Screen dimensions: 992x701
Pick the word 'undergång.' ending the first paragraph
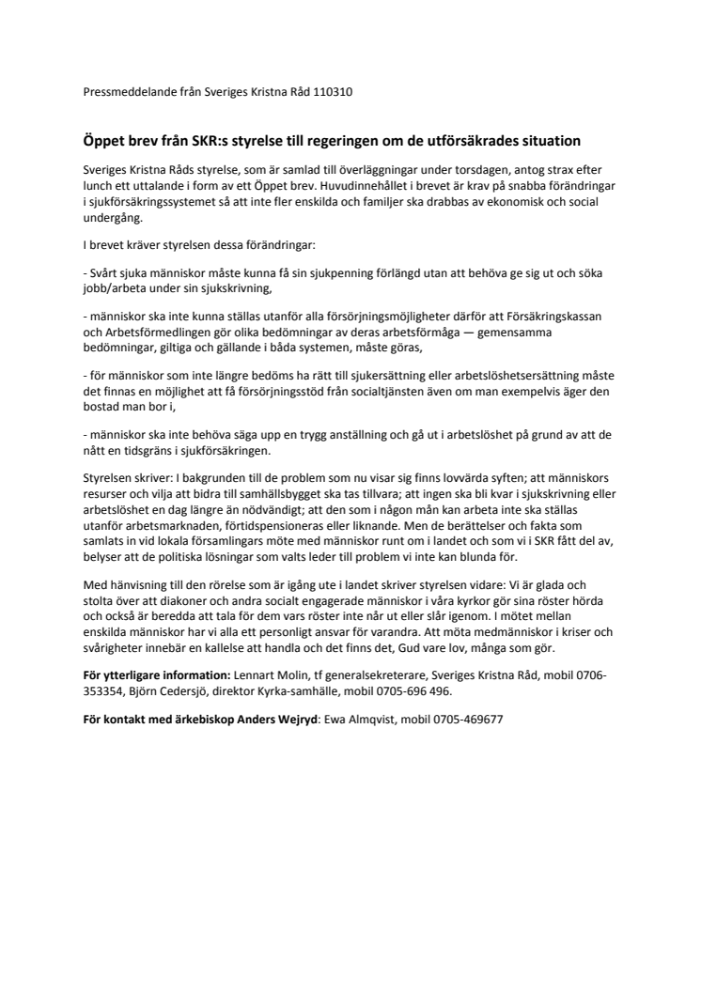(x=115, y=218)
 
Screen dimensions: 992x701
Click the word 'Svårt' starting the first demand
(x=103, y=273)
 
